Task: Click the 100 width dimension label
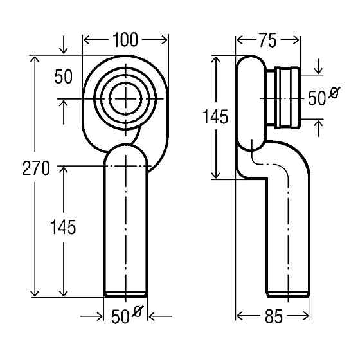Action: pos(125,40)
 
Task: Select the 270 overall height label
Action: pos(36,168)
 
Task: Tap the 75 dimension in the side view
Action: pos(268,40)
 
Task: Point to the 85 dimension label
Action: pos(273,316)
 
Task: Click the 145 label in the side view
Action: pos(215,117)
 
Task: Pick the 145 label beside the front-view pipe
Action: pos(63,227)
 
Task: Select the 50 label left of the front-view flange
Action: pos(64,77)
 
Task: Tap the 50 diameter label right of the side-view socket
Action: pos(324,96)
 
